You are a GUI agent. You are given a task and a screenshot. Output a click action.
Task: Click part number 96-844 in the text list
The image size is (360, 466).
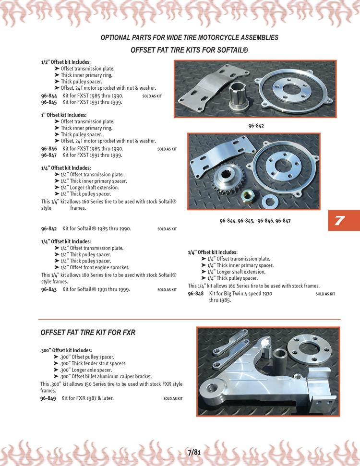point(49,96)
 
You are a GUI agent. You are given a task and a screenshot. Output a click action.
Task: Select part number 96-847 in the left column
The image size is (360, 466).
point(49,155)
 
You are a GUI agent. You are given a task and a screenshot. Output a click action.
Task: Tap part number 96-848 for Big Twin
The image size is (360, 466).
point(196,294)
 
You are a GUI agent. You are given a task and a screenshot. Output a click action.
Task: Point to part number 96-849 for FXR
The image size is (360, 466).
point(48,398)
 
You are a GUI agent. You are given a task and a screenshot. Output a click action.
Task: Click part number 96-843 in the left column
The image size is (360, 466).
point(49,289)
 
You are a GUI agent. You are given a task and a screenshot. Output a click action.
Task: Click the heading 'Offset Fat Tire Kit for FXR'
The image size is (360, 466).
point(88,332)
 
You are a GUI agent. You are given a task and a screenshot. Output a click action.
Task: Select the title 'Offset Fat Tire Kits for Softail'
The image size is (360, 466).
point(189,50)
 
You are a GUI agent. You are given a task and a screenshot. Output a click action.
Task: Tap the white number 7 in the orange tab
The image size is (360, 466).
point(339,220)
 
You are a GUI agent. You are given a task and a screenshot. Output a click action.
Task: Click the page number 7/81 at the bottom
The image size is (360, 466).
point(194,453)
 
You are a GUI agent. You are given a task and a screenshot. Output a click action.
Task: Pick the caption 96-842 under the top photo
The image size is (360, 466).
point(256,126)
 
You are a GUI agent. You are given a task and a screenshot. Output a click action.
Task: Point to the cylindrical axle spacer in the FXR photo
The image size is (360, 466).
point(280,358)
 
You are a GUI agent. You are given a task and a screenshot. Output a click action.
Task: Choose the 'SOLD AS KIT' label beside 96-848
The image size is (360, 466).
point(325,294)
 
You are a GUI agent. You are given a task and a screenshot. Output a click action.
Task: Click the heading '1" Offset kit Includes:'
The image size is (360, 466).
point(64,115)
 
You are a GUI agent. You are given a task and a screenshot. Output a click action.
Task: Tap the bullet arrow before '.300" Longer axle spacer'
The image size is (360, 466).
point(56,370)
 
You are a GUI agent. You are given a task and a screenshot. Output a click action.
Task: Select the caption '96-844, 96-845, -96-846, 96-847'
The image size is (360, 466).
point(255,221)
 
